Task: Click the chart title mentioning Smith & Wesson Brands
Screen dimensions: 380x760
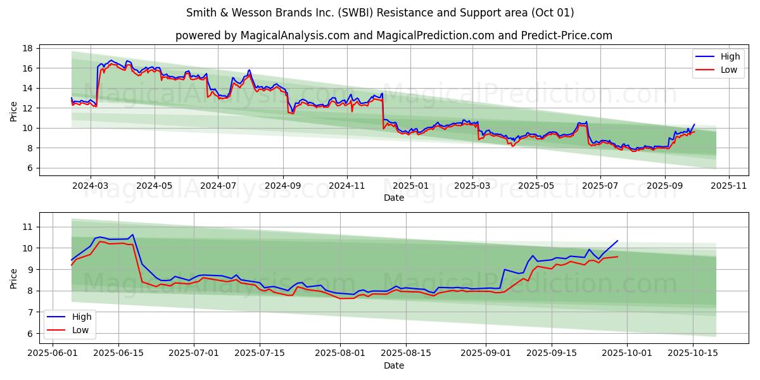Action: (380, 13)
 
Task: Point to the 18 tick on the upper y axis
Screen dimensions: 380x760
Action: (27, 48)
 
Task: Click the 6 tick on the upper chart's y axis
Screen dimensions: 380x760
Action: (30, 168)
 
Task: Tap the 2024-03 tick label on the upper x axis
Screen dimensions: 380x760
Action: (90, 186)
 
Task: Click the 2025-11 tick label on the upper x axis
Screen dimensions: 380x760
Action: (729, 186)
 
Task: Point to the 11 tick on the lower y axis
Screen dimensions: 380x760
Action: (27, 227)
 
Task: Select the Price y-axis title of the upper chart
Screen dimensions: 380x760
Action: (14, 111)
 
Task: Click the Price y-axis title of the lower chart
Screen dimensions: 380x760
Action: (14, 278)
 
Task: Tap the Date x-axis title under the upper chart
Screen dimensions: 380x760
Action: (393, 198)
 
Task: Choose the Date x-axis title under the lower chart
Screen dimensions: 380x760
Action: (393, 365)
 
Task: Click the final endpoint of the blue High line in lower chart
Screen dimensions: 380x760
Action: (617, 241)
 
